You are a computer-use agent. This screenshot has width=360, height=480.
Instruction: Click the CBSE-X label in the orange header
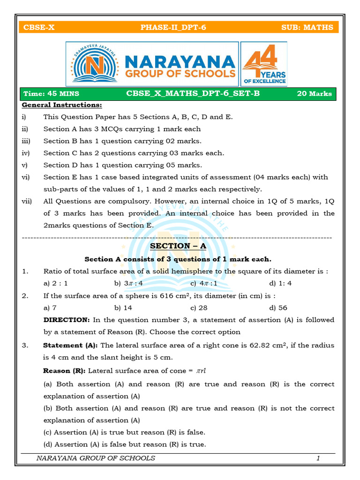[x=39, y=27]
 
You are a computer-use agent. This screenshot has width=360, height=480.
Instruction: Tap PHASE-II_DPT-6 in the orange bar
[x=173, y=27]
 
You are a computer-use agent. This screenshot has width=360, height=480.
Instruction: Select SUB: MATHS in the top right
[x=307, y=27]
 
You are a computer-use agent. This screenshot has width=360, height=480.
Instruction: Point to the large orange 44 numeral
[x=260, y=58]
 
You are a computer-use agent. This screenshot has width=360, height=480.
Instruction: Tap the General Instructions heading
[x=62, y=105]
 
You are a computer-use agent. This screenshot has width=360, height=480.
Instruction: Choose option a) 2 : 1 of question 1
[x=55, y=284]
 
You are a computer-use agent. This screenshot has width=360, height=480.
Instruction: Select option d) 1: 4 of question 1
[x=280, y=284]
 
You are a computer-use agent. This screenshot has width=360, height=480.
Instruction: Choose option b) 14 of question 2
[x=123, y=308]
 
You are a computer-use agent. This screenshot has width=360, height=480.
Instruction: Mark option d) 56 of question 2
[x=278, y=308]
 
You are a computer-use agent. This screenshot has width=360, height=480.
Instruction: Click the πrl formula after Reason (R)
[x=201, y=371]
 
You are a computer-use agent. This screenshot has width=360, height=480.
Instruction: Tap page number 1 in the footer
[x=318, y=458]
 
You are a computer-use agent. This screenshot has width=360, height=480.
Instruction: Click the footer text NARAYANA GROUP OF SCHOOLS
[x=96, y=458]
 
